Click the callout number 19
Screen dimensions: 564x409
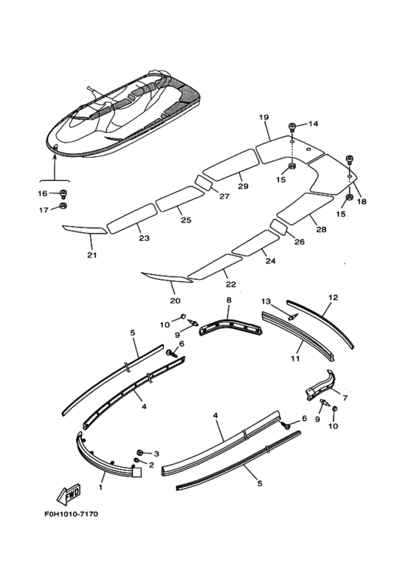point(264,117)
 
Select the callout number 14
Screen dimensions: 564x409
point(313,124)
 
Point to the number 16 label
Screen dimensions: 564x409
point(42,193)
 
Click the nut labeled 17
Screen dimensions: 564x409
point(63,209)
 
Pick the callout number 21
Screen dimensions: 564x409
point(91,255)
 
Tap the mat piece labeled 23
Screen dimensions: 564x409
point(132,217)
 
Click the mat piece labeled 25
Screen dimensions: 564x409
point(179,198)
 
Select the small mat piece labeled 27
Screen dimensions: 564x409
point(202,182)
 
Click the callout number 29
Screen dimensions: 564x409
point(243,186)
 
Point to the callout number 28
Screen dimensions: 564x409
point(321,229)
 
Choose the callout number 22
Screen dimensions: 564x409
point(231,284)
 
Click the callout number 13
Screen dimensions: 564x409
point(266,301)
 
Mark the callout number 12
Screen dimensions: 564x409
point(333,298)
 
